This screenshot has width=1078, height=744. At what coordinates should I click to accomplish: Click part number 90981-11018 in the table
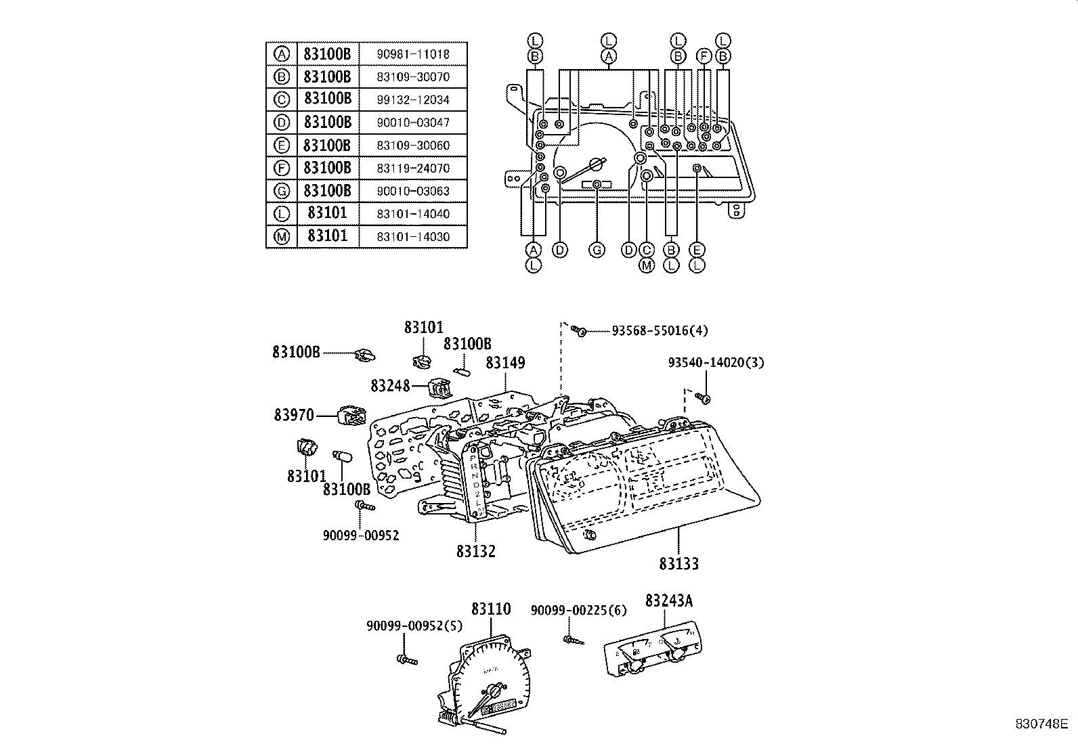point(412,54)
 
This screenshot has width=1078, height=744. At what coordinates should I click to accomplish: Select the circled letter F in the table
point(282,168)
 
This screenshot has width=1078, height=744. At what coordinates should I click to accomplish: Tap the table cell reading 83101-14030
point(412,237)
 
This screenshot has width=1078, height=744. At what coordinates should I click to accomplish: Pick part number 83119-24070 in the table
point(412,168)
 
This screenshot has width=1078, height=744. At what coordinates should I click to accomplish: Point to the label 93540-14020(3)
point(716,363)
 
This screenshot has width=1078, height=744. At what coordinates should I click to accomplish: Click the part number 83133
point(678,563)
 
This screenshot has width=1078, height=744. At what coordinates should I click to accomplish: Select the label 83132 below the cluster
point(475,551)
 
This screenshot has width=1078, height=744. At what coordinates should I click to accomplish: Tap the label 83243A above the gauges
point(669,600)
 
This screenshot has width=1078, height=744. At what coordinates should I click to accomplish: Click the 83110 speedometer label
point(491,609)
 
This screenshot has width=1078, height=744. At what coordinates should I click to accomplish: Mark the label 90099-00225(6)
point(579,611)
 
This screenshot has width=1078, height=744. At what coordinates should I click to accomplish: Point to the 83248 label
point(390,386)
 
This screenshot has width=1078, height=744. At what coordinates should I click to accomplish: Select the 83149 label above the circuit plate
point(505,363)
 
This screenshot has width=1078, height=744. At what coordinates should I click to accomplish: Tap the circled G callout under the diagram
point(597,250)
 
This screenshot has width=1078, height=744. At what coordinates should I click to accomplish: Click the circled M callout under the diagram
point(647,265)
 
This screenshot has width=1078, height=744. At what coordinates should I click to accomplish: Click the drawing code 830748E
point(1041,724)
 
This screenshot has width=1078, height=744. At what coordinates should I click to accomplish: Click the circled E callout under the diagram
point(697,250)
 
